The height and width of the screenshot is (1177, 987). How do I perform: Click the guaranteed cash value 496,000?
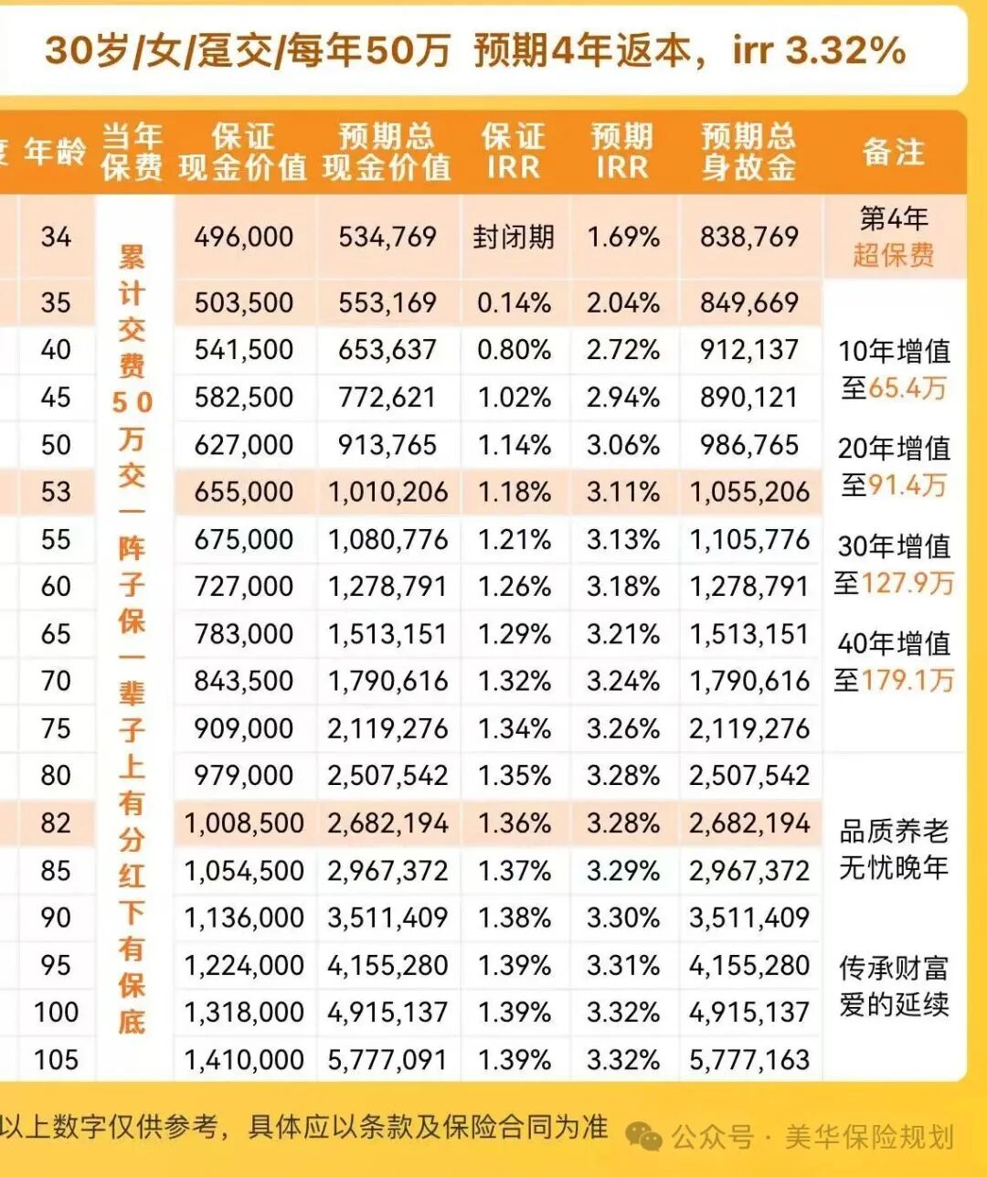(244, 238)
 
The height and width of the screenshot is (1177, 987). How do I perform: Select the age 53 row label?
(56, 492)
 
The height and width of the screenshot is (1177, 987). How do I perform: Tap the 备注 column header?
(894, 152)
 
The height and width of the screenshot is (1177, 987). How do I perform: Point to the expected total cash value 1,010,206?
(388, 493)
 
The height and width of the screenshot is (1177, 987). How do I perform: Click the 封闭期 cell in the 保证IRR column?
(514, 238)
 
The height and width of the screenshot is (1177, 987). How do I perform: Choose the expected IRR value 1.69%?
(623, 238)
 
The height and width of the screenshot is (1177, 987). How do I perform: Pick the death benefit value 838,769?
(749, 238)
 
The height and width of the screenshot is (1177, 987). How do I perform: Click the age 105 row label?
(56, 1060)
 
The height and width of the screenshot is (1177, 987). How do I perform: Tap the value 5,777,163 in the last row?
(749, 1060)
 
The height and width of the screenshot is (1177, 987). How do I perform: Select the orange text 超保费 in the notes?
(894, 255)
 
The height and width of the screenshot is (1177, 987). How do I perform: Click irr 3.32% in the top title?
(819, 51)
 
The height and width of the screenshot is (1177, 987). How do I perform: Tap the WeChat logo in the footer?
(645, 1137)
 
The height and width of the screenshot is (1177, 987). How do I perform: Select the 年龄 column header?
(56, 152)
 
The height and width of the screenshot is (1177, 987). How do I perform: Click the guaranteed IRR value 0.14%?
(514, 303)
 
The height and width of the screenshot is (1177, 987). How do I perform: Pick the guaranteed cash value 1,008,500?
(244, 823)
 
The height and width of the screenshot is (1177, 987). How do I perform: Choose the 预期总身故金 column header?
(749, 152)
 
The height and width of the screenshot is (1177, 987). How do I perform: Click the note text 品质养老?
(894, 831)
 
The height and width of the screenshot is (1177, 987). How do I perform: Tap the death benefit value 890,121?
(749, 398)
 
